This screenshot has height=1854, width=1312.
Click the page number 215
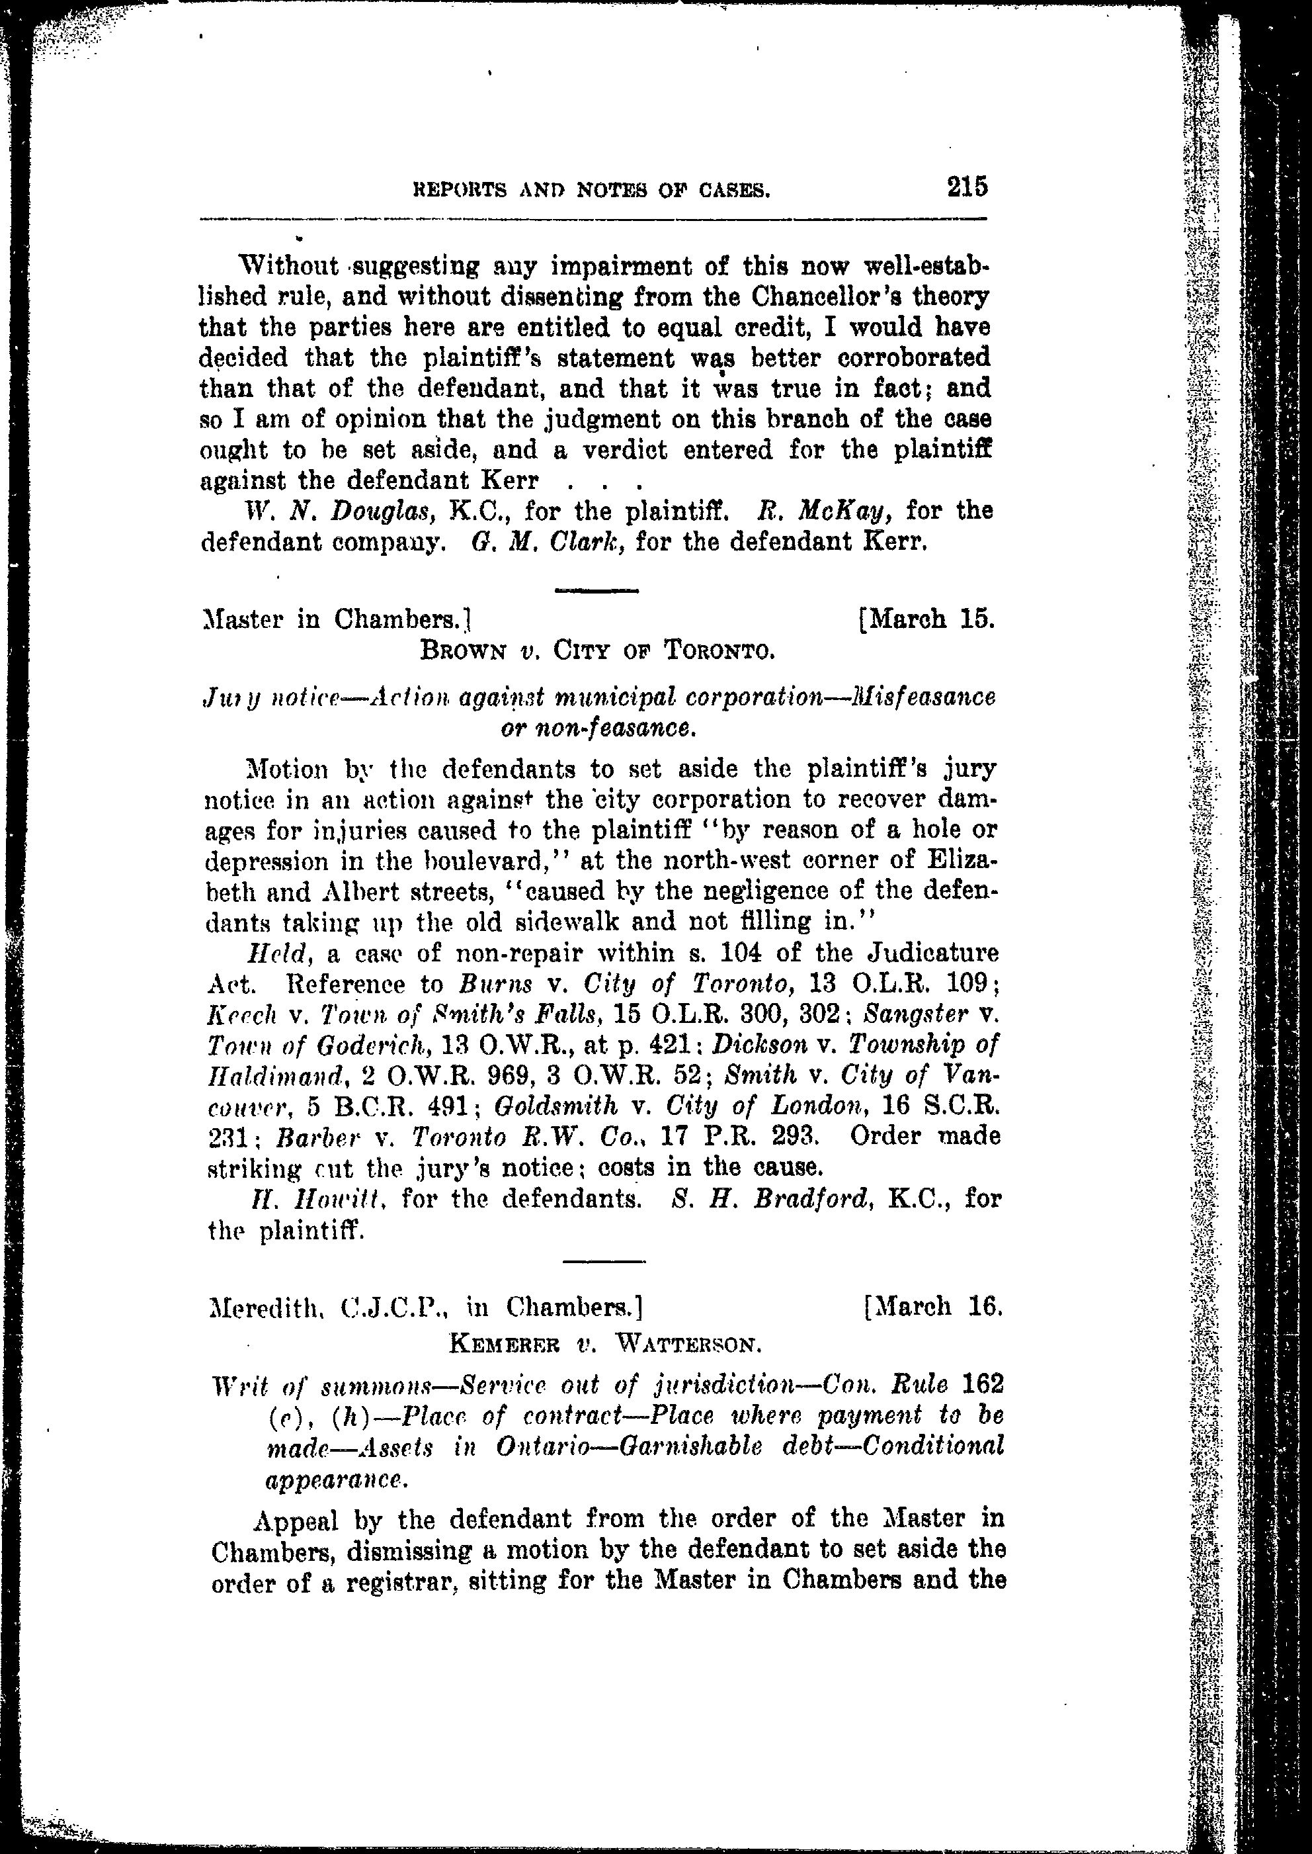pos(968,187)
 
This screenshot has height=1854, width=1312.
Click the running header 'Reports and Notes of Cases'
pos(591,191)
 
